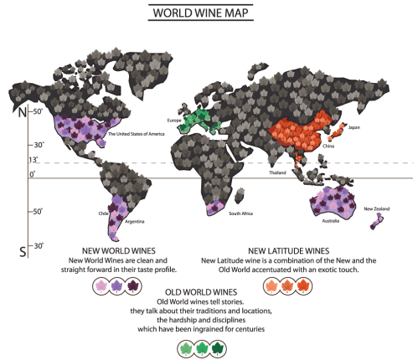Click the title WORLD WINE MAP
(209, 14)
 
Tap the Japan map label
(353, 127)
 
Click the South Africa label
(243, 214)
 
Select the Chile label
(103, 213)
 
